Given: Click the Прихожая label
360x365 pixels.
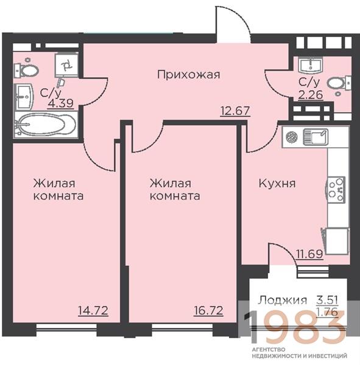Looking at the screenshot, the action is tap(188, 75).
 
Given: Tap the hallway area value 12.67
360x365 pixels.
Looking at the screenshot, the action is tap(235, 111).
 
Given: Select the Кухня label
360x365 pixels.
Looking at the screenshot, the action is tap(277, 184).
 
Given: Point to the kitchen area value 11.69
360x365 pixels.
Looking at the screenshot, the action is tap(309, 254).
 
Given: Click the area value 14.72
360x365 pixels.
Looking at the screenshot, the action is tap(93, 310).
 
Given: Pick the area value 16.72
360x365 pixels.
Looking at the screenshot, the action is tap(208, 310).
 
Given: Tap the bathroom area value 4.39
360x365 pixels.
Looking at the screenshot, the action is tap(61, 103).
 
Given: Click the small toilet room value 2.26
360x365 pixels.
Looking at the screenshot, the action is tap(311, 95).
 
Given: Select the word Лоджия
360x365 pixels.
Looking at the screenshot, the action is tap(282, 301).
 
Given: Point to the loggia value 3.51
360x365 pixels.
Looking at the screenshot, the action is tap(327, 300).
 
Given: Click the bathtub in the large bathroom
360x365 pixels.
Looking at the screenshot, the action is tap(46, 124).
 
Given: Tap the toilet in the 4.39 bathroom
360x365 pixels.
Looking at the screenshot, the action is tap(26, 69).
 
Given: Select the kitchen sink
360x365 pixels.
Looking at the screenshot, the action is tap(316, 137).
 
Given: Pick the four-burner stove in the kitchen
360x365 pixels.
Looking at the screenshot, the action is tap(335, 189).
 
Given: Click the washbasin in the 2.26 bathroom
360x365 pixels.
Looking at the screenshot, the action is tap(311, 65).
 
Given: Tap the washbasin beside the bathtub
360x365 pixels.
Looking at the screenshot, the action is tap(24, 96).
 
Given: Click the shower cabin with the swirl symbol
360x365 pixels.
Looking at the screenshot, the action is tap(66, 66).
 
